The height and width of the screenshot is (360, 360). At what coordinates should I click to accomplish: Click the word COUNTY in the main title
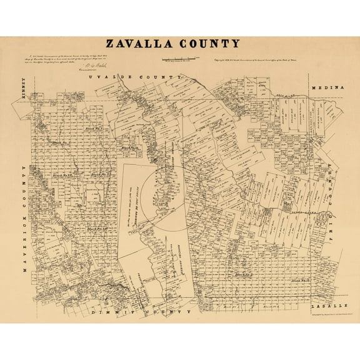tap(211, 44)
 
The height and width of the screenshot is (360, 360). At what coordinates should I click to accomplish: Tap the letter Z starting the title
tap(110, 44)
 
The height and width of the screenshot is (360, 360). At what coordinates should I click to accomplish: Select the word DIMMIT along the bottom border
tap(110, 311)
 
